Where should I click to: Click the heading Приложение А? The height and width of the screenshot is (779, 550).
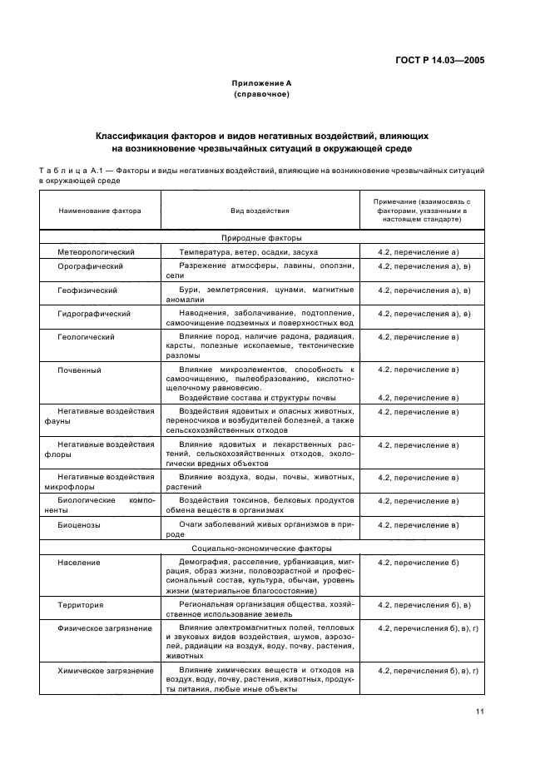tap(261, 83)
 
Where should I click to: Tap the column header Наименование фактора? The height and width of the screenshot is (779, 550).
tap(100, 211)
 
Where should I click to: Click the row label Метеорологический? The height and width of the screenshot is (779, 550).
tap(96, 251)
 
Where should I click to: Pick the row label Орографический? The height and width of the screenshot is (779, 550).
tap(90, 266)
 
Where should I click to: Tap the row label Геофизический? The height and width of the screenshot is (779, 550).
tap(87, 290)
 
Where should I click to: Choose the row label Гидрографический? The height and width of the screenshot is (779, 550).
tap(94, 314)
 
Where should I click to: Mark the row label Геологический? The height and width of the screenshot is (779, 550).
tap(87, 337)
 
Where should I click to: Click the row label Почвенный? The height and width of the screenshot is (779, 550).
tap(78, 368)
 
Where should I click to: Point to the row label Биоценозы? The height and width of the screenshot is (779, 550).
tap(80, 525)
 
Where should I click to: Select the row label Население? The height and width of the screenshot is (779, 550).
tap(79, 563)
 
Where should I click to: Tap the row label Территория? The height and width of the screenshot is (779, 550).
tap(81, 604)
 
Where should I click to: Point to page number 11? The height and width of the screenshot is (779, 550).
tap(480, 711)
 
